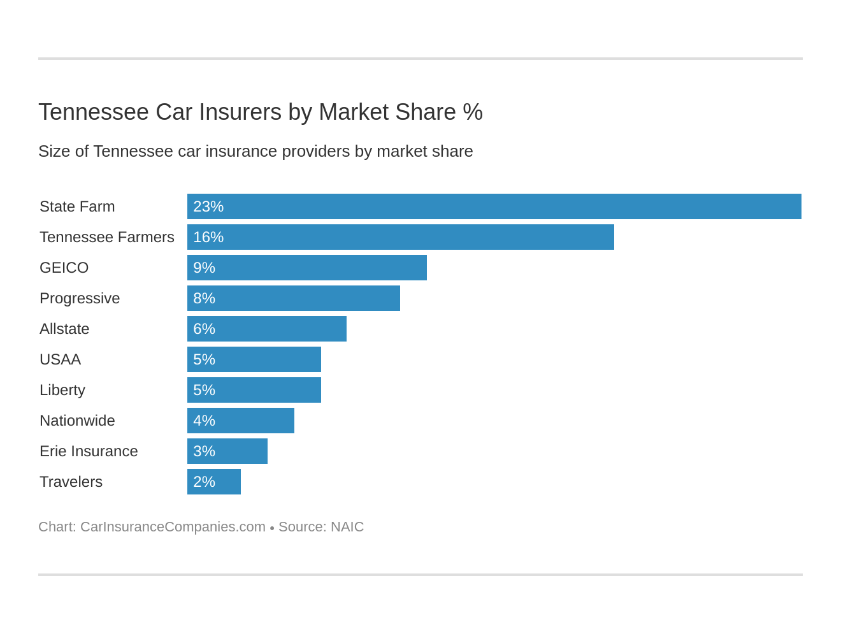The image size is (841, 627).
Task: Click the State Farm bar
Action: point(494,206)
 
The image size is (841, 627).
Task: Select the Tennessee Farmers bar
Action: point(401,237)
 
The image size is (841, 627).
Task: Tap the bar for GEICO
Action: point(307,268)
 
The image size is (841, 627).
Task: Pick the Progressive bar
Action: point(294,298)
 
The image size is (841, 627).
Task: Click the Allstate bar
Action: point(267,329)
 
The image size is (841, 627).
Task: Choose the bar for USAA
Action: point(254,359)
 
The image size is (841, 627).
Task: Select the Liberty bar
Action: point(254,390)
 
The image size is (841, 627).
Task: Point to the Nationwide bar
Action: point(241,421)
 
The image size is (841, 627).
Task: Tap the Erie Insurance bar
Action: point(227,451)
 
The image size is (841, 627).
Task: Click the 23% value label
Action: point(208,206)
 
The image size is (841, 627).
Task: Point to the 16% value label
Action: point(208,237)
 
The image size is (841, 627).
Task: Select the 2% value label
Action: point(204,482)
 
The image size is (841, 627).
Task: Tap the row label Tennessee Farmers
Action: point(106,237)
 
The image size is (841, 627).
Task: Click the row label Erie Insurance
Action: point(89,451)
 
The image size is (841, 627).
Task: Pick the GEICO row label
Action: point(64,268)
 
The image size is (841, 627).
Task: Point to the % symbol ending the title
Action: point(473,112)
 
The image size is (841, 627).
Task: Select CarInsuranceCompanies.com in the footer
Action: point(173,527)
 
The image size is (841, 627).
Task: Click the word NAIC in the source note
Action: point(347,527)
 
